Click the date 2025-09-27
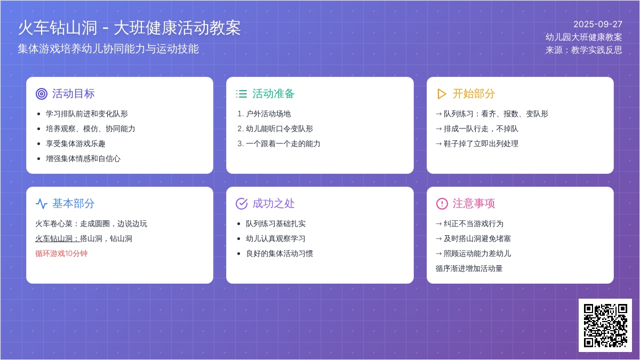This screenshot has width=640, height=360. pyautogui.click(x=598, y=25)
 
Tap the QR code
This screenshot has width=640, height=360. pyautogui.click(x=605, y=325)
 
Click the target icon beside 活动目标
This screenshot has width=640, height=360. pyautogui.click(x=42, y=94)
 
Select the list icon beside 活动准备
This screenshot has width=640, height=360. pyautogui.click(x=242, y=94)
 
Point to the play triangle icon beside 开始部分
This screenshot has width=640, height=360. pyautogui.click(x=442, y=94)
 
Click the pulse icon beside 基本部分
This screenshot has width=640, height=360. pyautogui.click(x=42, y=204)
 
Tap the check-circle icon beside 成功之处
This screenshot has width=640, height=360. pyautogui.click(x=242, y=204)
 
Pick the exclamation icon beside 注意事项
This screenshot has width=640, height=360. pyautogui.click(x=442, y=204)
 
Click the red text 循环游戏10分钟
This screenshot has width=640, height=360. pyautogui.click(x=61, y=254)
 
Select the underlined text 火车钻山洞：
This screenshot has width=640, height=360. pyautogui.click(x=58, y=238)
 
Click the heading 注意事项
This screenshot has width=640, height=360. pyautogui.click(x=474, y=204)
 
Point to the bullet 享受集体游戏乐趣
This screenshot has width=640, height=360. pyautogui.click(x=75, y=143)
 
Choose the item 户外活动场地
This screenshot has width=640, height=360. pyautogui.click(x=268, y=114)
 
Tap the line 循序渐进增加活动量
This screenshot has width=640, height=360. pyautogui.click(x=469, y=269)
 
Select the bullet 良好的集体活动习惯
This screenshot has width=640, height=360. pyautogui.click(x=279, y=254)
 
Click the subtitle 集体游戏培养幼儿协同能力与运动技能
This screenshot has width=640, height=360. pyautogui.click(x=108, y=49)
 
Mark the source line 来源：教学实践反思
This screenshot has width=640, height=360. pyautogui.click(x=583, y=50)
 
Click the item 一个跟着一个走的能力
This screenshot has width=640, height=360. pyautogui.click(x=283, y=143)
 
